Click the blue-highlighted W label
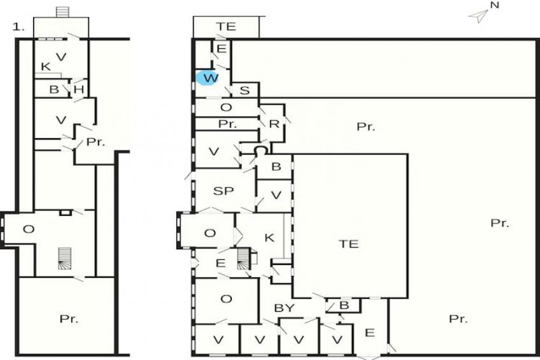coord(210,78)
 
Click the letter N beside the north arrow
coord(495,5)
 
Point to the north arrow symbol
coord(478,16)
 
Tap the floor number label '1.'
coord(18,27)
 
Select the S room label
coord(244,90)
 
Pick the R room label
coord(274,124)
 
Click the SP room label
coord(223,191)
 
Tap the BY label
coord(284,308)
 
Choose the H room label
coord(78,90)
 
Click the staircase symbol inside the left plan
coord(64,259)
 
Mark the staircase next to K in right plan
coord(243,259)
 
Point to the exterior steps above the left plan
coord(62,11)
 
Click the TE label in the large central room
coord(348,244)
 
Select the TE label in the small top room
coord(225,26)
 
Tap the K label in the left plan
coord(45,66)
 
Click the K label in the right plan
coord(269,238)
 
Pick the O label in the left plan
coord(28,229)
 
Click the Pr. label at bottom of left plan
coord(69,319)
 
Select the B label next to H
coord(54,90)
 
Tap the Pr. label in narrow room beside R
coord(227,124)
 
